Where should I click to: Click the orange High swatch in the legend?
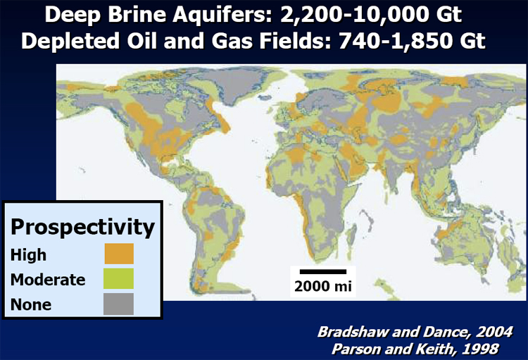tap(119, 254)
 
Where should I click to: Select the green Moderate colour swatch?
tap(118, 278)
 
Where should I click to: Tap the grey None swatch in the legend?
tap(118, 304)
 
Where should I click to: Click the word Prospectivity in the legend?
tap(82, 228)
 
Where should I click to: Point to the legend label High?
tap(28, 255)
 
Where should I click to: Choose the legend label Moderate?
tap(48, 280)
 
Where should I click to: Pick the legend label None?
tap(31, 304)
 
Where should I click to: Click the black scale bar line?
tap(323, 272)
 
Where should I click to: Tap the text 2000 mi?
tap(323, 286)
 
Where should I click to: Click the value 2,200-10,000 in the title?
tap(355, 15)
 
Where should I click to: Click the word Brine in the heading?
tap(137, 15)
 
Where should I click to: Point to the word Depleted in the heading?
tap(70, 42)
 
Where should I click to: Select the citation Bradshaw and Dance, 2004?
tap(415, 332)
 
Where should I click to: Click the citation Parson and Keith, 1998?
tap(415, 349)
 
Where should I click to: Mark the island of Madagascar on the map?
tap(351, 236)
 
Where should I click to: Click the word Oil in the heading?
tap(142, 41)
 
